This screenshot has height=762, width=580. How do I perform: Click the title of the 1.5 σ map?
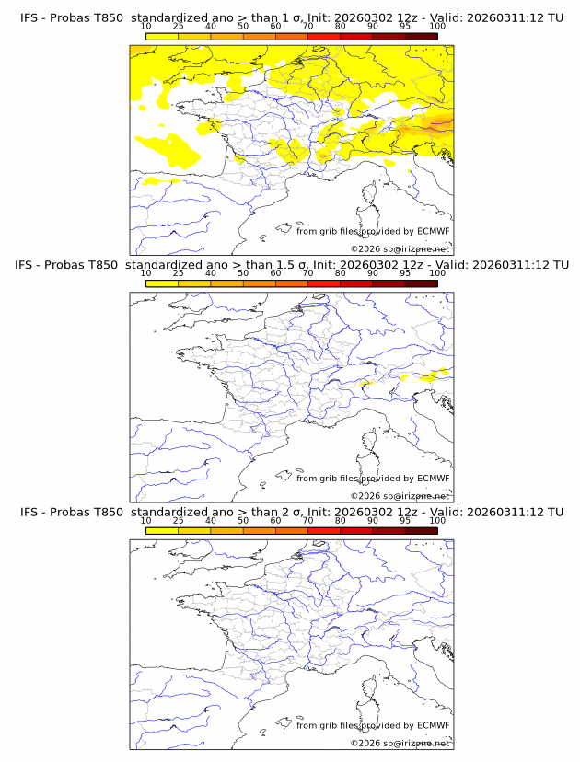tap(291, 265)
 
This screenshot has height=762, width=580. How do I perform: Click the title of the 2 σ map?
tap(291, 512)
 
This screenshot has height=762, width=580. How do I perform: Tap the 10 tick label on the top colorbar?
tap(146, 28)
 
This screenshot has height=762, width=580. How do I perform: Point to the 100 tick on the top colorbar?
tap(437, 28)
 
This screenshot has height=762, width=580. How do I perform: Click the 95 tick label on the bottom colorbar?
tap(405, 521)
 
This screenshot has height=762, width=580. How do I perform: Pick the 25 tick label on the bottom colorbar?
tap(179, 521)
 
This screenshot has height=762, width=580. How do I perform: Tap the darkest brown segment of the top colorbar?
tap(421, 36)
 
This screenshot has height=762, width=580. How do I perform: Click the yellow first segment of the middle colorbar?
tap(162, 283)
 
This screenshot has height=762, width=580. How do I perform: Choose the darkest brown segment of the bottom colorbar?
tap(421, 530)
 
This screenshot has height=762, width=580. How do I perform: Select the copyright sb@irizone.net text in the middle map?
tap(400, 495)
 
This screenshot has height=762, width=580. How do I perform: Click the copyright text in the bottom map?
tap(400, 742)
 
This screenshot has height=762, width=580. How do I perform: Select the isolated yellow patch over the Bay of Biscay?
tap(169, 148)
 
